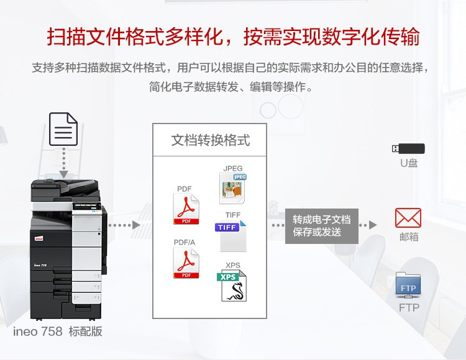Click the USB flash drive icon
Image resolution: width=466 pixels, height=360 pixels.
tap(408, 148)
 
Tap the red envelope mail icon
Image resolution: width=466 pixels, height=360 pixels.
tap(408, 218)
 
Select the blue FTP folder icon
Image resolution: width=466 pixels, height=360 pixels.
tap(408, 286)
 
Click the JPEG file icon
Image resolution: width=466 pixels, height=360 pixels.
tap(233, 189)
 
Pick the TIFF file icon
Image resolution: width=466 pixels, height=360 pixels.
tap(231, 236)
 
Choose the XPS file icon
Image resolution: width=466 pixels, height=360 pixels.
tap(232, 286)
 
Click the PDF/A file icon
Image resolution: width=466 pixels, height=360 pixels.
tap(186, 263)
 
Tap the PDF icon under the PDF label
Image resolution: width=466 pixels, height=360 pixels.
tap(186, 209)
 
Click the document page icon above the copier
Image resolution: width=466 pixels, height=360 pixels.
tap(63, 129)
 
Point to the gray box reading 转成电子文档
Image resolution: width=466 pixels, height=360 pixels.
tap(322, 226)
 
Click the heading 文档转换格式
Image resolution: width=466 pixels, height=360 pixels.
tap(211, 140)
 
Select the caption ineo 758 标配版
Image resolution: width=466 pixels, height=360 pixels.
tap(58, 331)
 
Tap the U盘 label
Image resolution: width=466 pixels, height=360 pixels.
tap(409, 163)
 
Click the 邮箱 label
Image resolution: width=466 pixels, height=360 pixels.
tap(409, 237)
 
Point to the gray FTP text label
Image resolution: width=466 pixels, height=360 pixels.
tap(409, 308)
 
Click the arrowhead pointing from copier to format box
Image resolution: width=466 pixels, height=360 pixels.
tap(136, 225)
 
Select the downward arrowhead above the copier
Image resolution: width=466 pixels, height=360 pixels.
tap(63, 174)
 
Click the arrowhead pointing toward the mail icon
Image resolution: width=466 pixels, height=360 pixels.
tap(373, 225)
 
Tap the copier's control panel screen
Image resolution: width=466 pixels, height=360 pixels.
tap(86, 205)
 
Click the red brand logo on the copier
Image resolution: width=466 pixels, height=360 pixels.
tap(39, 238)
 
